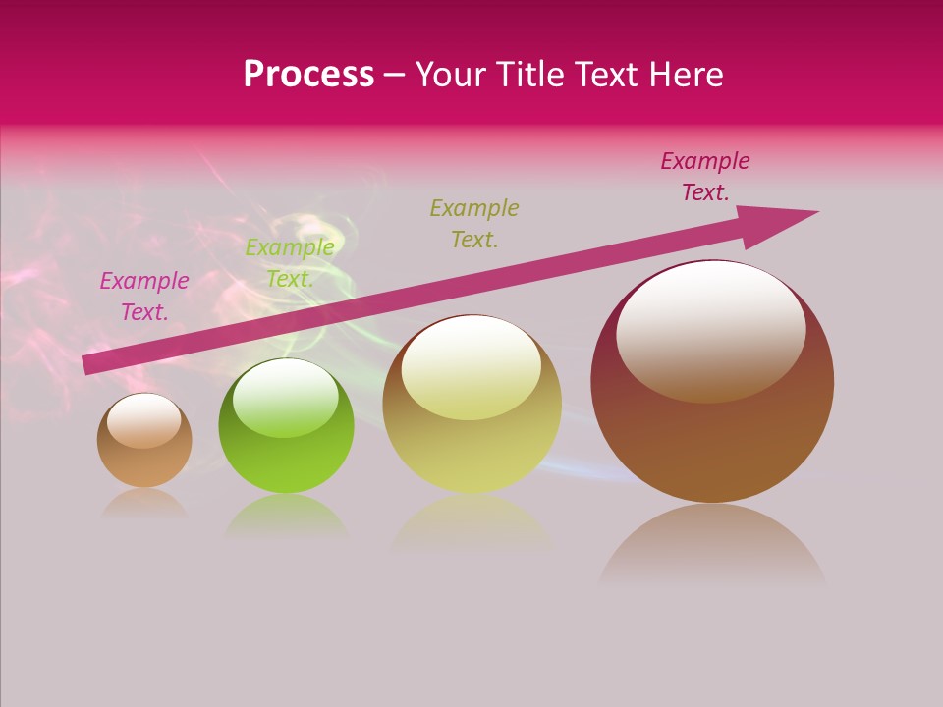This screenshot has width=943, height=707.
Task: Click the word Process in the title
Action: pyautogui.click(x=308, y=75)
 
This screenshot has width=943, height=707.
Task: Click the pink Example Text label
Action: pyautogui.click(x=144, y=297)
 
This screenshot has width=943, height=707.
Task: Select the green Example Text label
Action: pyautogui.click(x=290, y=263)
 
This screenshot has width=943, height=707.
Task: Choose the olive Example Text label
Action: pyautogui.click(x=474, y=223)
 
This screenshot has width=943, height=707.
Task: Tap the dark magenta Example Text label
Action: pyautogui.click(x=705, y=177)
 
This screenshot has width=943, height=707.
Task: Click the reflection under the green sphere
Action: pyautogui.click(x=286, y=517)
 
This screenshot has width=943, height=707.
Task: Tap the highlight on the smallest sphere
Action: pyautogui.click(x=143, y=421)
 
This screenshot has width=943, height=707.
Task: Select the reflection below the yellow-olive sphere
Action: pyautogui.click(x=471, y=520)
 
